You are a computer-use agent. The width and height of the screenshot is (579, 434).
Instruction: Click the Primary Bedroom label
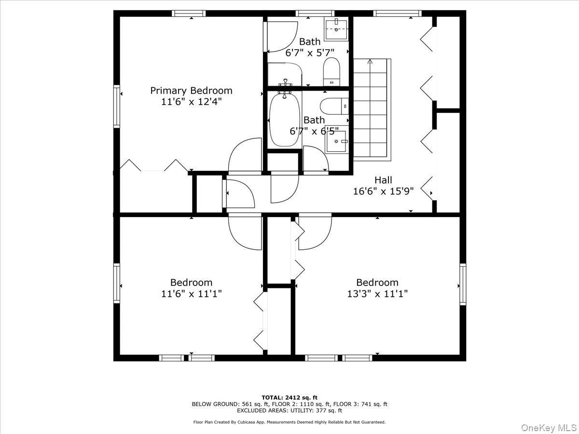(191, 91)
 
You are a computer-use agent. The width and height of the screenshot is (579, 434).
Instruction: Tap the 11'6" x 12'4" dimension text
(191, 102)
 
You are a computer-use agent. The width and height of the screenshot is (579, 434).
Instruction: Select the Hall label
(383, 180)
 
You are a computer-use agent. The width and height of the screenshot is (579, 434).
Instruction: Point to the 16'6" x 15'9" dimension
(383, 191)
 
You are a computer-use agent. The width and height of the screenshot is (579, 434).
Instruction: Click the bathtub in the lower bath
(284, 120)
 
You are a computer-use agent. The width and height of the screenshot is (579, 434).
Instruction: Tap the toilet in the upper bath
(331, 70)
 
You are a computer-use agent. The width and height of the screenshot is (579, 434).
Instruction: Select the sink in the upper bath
(336, 29)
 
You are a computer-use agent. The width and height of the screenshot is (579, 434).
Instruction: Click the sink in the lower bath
(336, 140)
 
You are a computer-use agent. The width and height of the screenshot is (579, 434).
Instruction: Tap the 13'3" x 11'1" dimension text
(377, 293)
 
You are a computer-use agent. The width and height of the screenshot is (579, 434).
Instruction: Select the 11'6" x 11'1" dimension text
(191, 293)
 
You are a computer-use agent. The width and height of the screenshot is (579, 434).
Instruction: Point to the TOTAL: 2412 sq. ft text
(289, 397)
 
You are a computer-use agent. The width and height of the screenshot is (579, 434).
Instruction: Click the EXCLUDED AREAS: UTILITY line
(289, 411)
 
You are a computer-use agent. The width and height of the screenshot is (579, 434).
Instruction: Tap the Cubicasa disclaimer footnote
(289, 422)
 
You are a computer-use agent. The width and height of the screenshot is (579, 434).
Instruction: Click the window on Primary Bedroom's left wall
(116, 106)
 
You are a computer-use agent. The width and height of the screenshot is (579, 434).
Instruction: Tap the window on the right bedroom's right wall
(463, 285)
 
